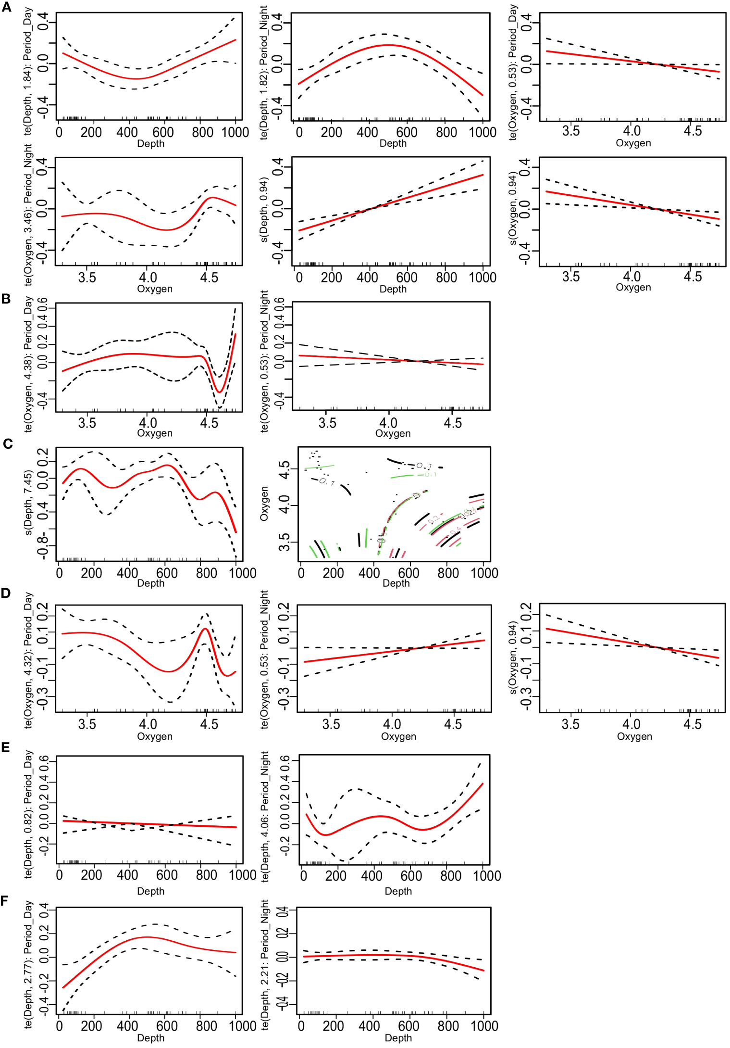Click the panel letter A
coord(6,7)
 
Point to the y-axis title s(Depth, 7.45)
coord(28,503)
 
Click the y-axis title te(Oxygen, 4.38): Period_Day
coord(28,364)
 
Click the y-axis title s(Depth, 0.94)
coord(264,210)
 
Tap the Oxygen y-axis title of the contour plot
coord(264,503)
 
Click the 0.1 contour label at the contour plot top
coord(424,466)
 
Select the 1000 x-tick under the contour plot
coord(484,573)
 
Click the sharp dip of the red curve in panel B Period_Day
coord(219,391)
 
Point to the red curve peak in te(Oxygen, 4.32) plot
coord(205,629)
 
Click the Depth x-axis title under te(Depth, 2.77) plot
coord(150,1038)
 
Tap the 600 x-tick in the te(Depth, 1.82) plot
coord(407,132)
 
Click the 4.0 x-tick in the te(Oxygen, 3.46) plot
coord(148,278)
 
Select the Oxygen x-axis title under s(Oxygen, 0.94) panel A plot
coord(633,287)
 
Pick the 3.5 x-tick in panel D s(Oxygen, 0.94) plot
coord(570,724)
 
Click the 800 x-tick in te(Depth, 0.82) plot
coord(206,875)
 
